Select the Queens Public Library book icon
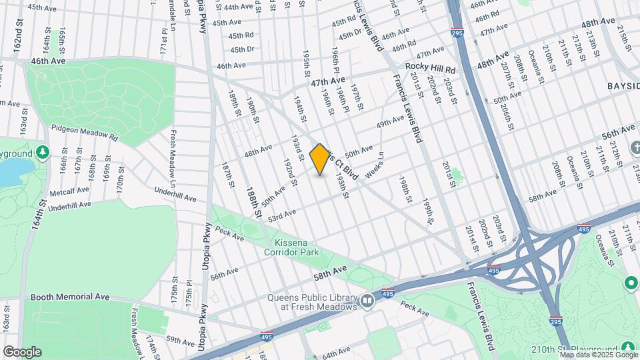click(x=367, y=302)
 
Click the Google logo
click(x=22, y=351)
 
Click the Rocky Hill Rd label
click(x=431, y=69)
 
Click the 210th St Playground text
click(x=574, y=349)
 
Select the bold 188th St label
click(x=255, y=203)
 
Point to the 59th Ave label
click(x=181, y=341)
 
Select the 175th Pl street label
click(x=189, y=293)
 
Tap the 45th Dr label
click(x=242, y=49)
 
